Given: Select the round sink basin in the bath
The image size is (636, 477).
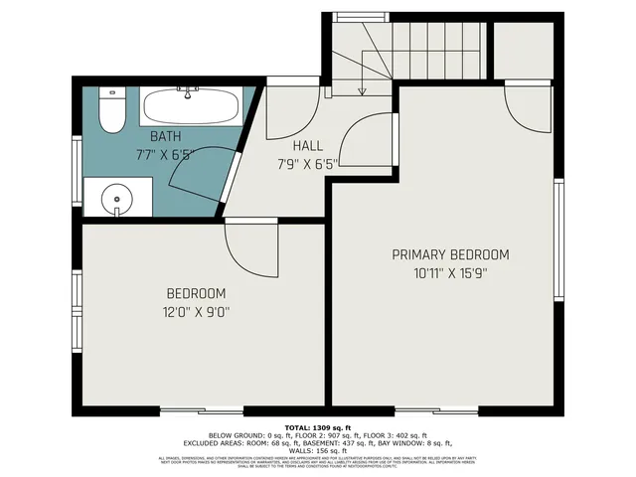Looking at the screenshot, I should point(118,199).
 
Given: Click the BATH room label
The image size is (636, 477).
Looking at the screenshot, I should point(165,136).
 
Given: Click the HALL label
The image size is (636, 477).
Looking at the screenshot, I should point(307,145).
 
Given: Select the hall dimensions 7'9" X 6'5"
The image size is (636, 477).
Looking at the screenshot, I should point(307,163).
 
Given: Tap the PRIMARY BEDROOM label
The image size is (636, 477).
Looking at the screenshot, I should point(449,254).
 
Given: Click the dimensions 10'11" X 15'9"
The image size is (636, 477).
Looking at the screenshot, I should point(449,272).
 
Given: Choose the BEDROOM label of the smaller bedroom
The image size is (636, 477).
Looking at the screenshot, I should point(195,294).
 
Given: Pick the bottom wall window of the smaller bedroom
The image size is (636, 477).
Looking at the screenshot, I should point(202,410).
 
